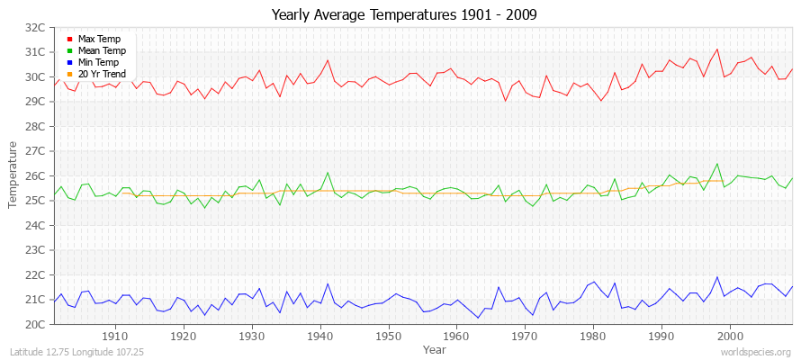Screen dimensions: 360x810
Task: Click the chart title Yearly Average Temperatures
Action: pyautogui.click(x=404, y=14)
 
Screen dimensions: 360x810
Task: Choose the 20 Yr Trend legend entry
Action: pyautogui.click(x=102, y=74)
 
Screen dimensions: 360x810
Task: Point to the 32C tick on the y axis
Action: pyautogui.click(x=35, y=28)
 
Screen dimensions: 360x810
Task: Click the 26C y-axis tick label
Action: pyautogui.click(x=35, y=176)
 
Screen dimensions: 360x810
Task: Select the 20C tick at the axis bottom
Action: pyautogui.click(x=35, y=324)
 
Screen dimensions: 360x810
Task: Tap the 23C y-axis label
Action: pyautogui.click(x=35, y=250)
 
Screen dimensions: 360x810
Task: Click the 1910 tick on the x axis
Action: pyautogui.click(x=115, y=336)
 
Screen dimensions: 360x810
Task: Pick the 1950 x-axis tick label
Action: pyautogui.click(x=388, y=336)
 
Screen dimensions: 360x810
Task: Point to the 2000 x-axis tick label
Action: pyautogui.click(x=729, y=336)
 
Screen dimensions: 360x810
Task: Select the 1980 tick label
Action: pyautogui.click(x=593, y=336)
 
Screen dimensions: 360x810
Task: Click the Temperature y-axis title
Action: pyautogui.click(x=13, y=175)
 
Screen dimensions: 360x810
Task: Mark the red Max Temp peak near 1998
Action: pyautogui.click(x=716, y=49)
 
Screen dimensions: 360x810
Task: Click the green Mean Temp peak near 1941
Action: pyautogui.click(x=328, y=173)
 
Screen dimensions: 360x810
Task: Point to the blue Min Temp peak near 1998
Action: pyautogui.click(x=716, y=277)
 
